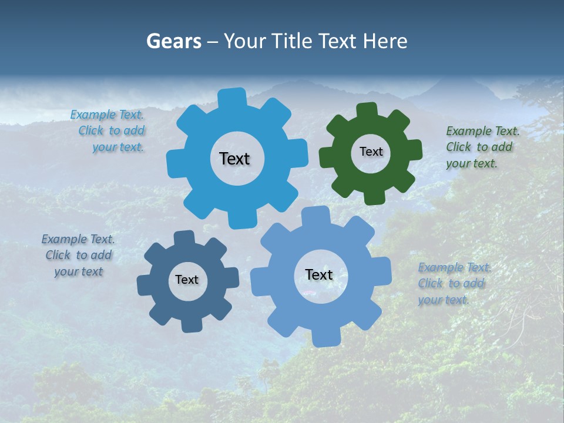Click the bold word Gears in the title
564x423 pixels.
point(173,41)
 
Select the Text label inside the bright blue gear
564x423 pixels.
point(234,159)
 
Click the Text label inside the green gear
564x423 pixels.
point(371,152)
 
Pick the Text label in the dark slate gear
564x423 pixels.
point(187,280)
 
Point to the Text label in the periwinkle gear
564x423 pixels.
point(319,274)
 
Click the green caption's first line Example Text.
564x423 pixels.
point(483,131)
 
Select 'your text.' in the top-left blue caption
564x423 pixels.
point(118,147)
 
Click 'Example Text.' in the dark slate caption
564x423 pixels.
point(78,239)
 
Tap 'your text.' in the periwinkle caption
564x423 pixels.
point(444,300)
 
